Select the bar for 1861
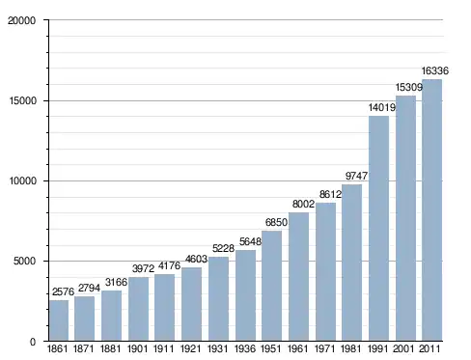click(x=59, y=320)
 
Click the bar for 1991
click(x=378, y=228)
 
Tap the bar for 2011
click(x=431, y=210)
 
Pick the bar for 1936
click(x=245, y=295)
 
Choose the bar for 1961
click(x=298, y=277)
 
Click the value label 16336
click(x=435, y=70)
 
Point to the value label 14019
click(x=382, y=107)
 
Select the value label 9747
click(x=356, y=176)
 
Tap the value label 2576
click(x=63, y=291)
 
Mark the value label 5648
click(x=250, y=241)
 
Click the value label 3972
click(x=143, y=268)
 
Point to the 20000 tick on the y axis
click(x=22, y=20)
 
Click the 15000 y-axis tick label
click(x=22, y=100)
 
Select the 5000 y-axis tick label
click(x=24, y=261)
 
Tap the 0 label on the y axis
click(x=33, y=342)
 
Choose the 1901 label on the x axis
click(x=137, y=348)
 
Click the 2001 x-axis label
click(x=403, y=348)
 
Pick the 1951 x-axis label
click(x=271, y=348)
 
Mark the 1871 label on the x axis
click(x=84, y=348)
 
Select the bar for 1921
click(x=191, y=304)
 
